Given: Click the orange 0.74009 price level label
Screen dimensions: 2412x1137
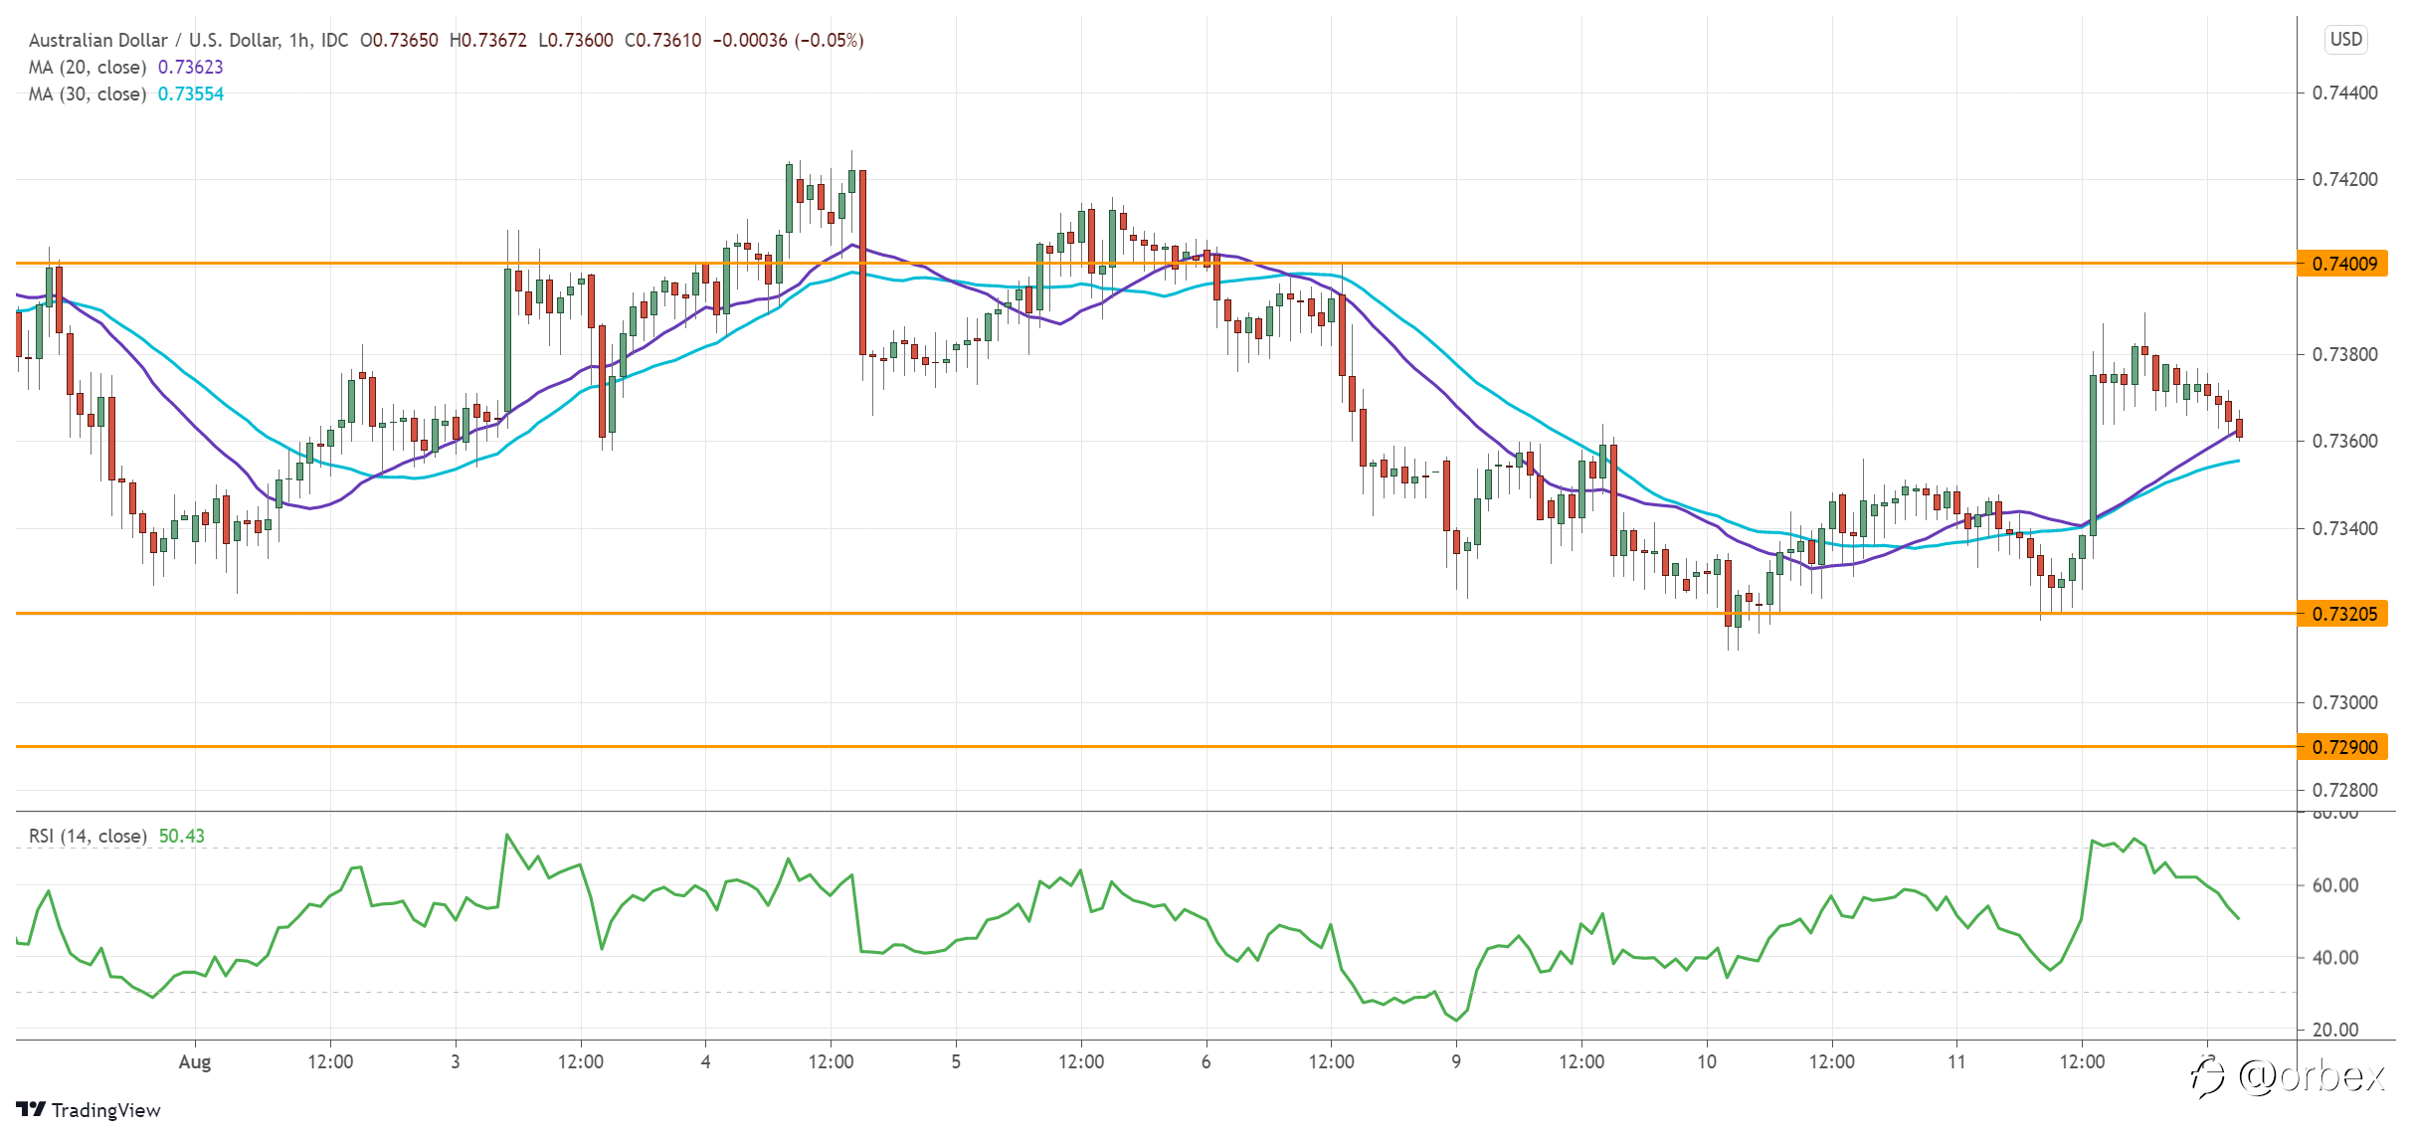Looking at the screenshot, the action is click(2342, 264).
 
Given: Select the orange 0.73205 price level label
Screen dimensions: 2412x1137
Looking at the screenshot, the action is click(2342, 614).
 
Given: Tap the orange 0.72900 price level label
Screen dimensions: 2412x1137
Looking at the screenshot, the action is click(2342, 747).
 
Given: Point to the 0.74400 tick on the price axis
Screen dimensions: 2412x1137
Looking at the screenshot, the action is click(2344, 94).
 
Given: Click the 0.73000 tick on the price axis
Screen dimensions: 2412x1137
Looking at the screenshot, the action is click(2344, 703).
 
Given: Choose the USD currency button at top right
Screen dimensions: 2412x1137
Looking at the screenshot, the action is click(2346, 40).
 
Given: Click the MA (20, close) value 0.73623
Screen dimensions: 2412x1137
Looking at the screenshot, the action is click(191, 68).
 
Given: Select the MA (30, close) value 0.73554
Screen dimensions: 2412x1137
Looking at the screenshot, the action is click(191, 95).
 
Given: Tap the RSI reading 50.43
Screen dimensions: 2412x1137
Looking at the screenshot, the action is click(182, 837).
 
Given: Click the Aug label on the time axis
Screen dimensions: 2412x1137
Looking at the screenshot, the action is click(195, 1062).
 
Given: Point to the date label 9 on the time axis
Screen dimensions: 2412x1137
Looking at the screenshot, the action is click(1456, 1062).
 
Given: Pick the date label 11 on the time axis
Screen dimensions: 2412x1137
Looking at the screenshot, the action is click(1956, 1062).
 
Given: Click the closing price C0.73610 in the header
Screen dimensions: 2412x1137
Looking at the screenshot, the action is click(663, 41).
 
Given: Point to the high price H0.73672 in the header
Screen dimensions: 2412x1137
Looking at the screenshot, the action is click(488, 41).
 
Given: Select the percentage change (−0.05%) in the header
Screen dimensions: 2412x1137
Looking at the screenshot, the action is click(829, 41).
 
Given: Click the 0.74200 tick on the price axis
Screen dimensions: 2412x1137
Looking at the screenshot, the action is click(2344, 180).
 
